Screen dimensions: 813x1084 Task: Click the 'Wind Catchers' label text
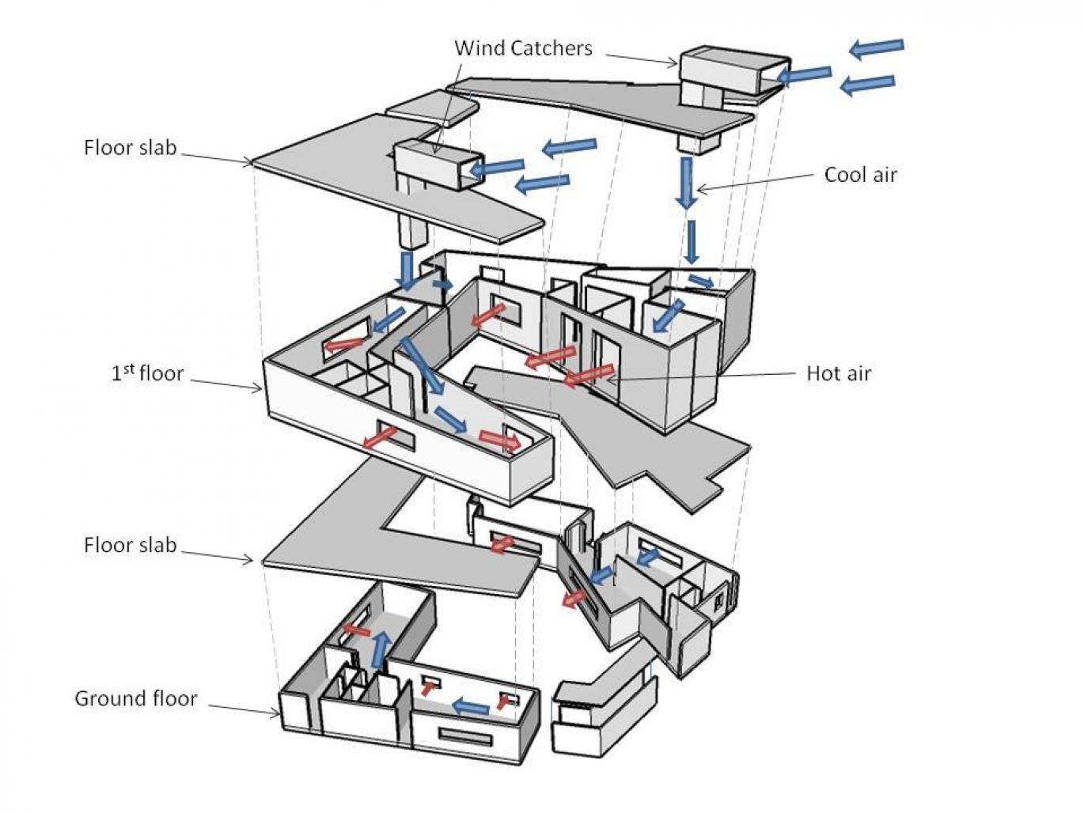(523, 48)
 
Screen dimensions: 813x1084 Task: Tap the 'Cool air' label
(860, 175)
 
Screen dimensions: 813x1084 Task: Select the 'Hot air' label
(838, 373)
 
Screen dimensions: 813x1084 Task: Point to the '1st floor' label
(147, 373)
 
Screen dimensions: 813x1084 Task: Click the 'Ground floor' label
(135, 698)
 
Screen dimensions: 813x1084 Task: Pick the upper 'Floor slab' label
(130, 148)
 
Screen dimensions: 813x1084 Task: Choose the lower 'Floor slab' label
(130, 545)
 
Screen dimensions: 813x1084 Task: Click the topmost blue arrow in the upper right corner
(876, 47)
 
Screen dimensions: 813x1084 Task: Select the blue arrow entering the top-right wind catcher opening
(804, 75)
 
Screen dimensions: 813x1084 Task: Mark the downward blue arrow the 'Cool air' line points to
(687, 183)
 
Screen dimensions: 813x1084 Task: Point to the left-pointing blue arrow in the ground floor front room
(470, 706)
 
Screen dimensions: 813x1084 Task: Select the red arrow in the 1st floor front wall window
(381, 437)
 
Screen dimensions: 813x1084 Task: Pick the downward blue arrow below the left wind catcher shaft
(407, 271)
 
